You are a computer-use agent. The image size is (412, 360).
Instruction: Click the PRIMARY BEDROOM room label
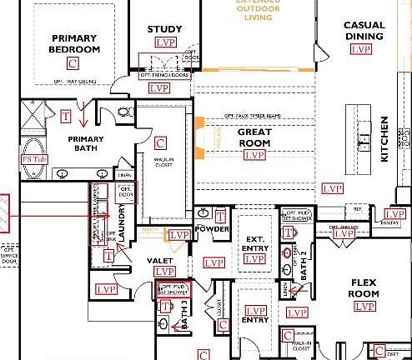tap(75, 43)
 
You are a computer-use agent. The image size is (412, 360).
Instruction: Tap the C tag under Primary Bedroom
tap(73, 63)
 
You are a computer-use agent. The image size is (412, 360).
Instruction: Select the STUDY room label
tap(164, 30)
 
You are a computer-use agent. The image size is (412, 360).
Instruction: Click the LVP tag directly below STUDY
tap(166, 42)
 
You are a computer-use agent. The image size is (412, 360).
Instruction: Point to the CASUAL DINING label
tap(364, 31)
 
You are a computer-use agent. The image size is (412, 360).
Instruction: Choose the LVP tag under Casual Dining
tap(360, 49)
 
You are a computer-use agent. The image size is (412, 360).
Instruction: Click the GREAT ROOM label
tap(254, 137)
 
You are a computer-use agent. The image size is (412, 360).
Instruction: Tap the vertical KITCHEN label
tap(384, 138)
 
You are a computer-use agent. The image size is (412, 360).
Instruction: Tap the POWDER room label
tap(212, 229)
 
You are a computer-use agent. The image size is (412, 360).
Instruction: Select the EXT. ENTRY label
tap(254, 242)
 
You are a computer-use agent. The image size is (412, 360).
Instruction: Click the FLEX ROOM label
tap(364, 288)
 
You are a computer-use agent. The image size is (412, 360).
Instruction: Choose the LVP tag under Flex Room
tap(364, 307)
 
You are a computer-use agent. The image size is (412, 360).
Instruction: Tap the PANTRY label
tap(389, 223)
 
